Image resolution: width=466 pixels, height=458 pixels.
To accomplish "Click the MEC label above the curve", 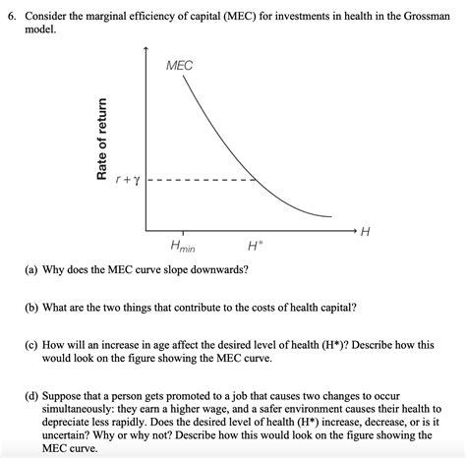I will [x=180, y=65].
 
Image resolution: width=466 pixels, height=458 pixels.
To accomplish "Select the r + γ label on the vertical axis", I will [x=127, y=181].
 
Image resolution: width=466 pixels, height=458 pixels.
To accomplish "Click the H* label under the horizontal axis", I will [x=255, y=245].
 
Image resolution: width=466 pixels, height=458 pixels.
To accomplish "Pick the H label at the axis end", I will [x=366, y=232].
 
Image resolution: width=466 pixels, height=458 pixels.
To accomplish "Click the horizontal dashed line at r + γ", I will [x=202, y=181].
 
